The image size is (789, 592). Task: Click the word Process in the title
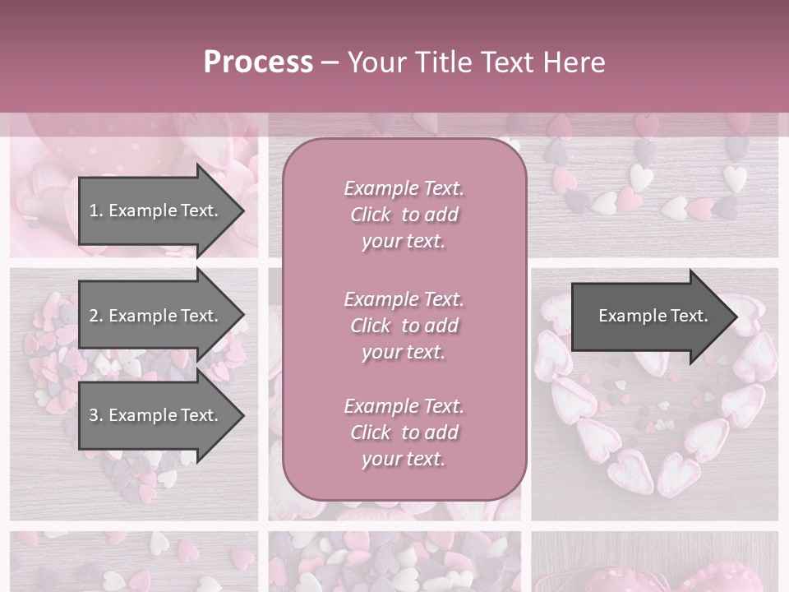pos(258,62)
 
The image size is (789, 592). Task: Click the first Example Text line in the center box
pos(404,188)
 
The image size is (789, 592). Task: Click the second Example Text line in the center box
pos(404,299)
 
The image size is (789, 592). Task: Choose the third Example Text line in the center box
pos(404,406)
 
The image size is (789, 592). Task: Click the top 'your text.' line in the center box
pos(404,242)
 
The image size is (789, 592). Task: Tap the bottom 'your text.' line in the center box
pos(404,459)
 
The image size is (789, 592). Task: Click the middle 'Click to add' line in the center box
pos(404,326)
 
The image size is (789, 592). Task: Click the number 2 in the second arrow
pos(94,316)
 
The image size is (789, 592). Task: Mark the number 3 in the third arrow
pos(94,415)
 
